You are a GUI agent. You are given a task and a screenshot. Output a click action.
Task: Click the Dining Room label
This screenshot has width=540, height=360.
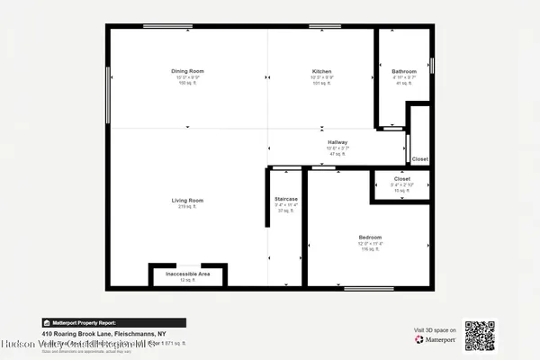[x=189, y=70]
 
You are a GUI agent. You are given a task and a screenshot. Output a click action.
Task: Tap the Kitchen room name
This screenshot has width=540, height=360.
[x=322, y=70]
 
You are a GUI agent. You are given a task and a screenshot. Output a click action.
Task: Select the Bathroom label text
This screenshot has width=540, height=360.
[x=404, y=71]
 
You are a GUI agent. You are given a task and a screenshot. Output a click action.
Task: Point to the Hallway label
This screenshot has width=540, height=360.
[x=337, y=142]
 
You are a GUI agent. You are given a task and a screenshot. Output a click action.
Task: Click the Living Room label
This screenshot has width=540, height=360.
[x=189, y=200]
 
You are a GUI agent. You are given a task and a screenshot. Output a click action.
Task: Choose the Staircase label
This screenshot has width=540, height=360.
[x=286, y=199]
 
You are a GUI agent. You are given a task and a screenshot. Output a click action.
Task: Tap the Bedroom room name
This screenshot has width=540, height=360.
[x=370, y=237]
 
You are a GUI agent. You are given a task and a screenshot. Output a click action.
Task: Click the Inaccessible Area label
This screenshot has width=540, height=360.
[x=188, y=273]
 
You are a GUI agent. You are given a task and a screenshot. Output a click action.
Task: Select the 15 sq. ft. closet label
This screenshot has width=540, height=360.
[x=401, y=191]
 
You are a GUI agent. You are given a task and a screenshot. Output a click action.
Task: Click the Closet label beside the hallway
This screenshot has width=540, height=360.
[x=420, y=159]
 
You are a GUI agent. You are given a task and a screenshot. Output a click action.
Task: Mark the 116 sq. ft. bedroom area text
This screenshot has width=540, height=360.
[x=370, y=249]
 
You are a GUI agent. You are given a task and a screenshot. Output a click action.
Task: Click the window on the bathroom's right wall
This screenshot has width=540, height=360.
[x=432, y=66]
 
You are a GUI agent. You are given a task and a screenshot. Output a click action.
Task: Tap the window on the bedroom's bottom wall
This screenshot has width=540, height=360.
[x=369, y=288]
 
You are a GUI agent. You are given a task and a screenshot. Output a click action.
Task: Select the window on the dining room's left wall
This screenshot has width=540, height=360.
[x=108, y=88]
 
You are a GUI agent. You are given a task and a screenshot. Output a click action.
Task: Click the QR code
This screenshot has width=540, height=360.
[x=480, y=335]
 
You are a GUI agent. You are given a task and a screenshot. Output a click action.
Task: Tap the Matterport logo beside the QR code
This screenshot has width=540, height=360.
[x=436, y=339]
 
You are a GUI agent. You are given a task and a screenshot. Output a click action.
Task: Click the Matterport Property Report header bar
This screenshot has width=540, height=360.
[x=113, y=322]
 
